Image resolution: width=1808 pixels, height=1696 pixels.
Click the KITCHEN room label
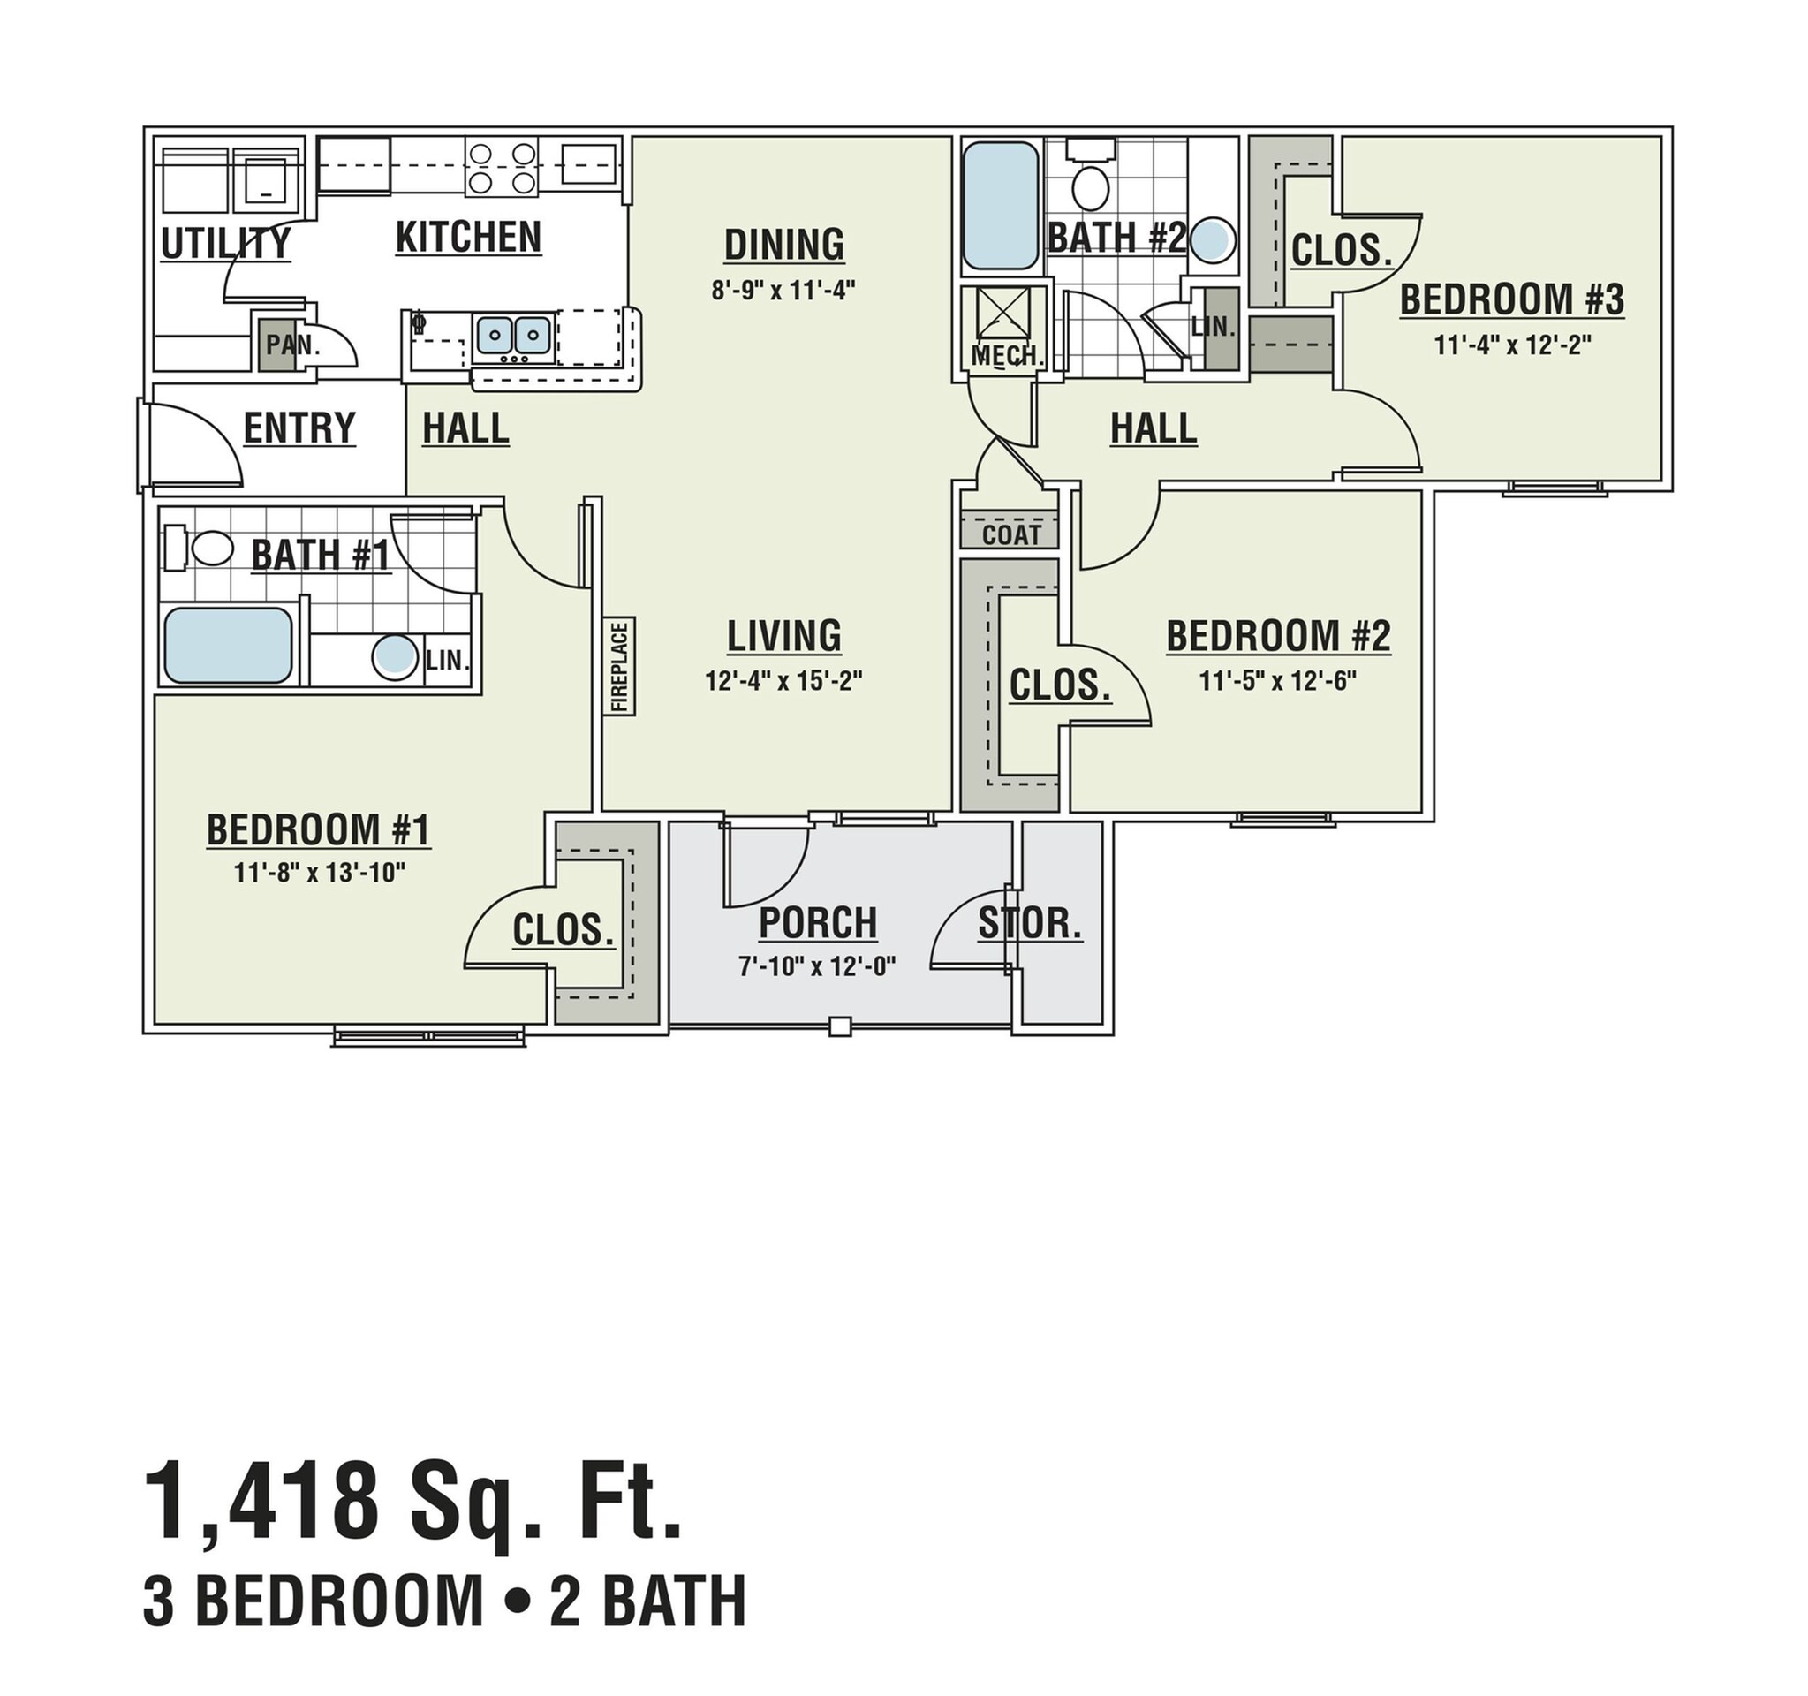coord(468,238)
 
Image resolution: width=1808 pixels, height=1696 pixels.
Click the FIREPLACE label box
coord(620,667)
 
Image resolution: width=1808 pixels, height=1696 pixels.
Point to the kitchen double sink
coord(514,335)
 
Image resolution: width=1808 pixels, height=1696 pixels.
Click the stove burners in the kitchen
coord(500,167)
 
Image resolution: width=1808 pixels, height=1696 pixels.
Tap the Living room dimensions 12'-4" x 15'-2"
coord(783,680)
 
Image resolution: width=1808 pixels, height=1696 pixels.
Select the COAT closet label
coord(1011,534)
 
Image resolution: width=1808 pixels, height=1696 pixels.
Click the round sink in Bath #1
coord(394,657)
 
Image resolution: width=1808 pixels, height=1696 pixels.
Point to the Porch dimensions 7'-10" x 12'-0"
coord(818,965)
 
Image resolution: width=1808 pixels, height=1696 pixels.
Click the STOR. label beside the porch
coord(1030,924)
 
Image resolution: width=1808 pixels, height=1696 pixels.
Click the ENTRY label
coord(299,428)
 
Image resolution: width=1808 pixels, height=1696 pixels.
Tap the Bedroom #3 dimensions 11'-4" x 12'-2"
coord(1511,345)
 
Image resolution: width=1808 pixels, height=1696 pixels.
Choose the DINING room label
coord(784,246)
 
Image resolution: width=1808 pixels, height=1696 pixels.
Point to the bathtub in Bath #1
coord(227,646)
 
